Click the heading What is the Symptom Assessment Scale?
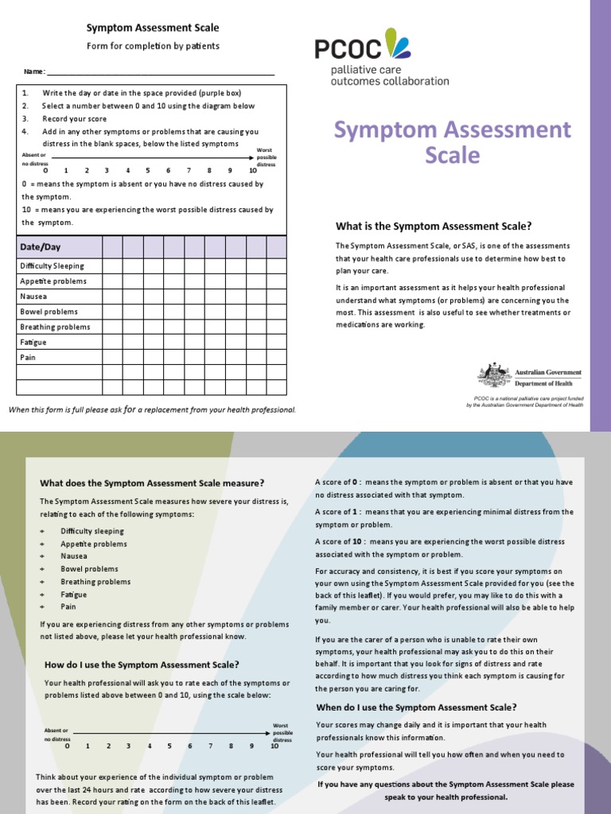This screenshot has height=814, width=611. coord(434,226)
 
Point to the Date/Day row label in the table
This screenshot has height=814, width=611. coord(41,247)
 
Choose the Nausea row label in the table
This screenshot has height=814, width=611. coord(33,297)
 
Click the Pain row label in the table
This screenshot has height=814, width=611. coord(28,358)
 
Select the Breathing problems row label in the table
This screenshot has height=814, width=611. coord(55,327)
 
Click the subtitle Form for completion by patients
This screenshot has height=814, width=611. coord(153,46)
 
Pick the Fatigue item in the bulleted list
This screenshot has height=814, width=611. coord(74,595)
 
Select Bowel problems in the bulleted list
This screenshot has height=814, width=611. coord(89,569)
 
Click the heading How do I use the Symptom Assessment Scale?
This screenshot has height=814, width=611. coord(142,665)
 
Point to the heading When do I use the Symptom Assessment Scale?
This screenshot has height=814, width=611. coord(416,707)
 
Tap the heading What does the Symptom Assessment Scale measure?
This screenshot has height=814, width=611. coord(152,483)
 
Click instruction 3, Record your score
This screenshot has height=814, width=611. coord(75,118)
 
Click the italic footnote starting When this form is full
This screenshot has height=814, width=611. coord(152,410)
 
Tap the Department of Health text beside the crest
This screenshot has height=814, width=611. coord(548,382)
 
